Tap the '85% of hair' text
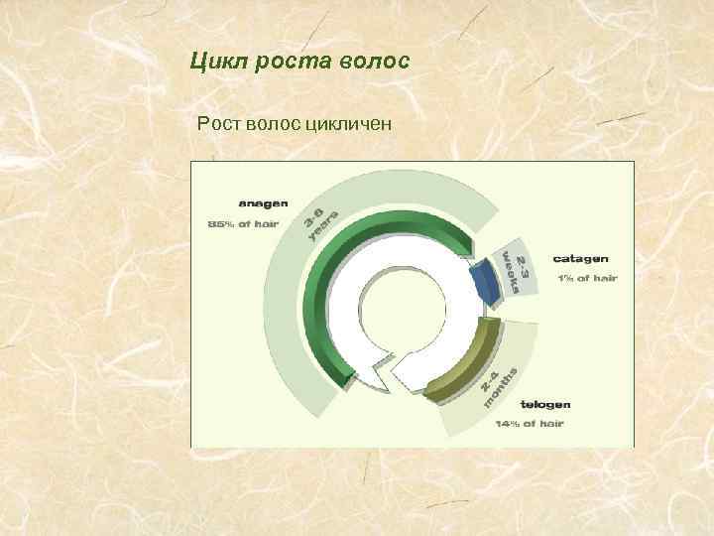242,223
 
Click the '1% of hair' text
585,278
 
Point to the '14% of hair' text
530,424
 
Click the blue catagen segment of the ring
486,282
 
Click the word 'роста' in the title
296,63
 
